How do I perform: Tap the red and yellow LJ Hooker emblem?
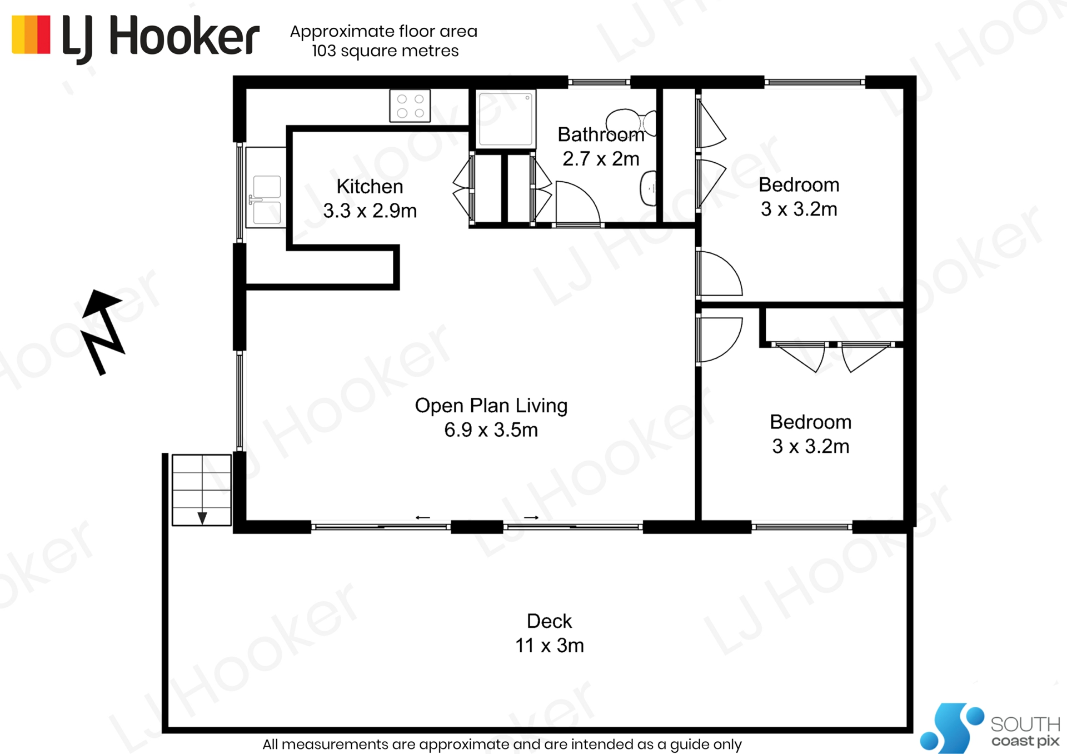click(31, 34)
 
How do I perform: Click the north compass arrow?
click(103, 332)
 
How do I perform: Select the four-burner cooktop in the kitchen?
click(410, 106)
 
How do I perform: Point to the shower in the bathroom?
click(506, 119)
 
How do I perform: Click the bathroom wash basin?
click(649, 188)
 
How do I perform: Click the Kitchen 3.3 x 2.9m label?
click(370, 199)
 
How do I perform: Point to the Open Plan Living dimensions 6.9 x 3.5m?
click(491, 430)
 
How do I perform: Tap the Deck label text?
click(549, 621)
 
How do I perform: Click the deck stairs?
click(202, 490)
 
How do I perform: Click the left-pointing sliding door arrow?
click(423, 517)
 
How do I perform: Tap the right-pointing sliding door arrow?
click(531, 517)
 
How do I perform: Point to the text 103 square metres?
click(385, 51)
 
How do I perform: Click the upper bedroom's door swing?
click(720, 273)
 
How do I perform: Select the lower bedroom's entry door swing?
click(720, 339)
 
